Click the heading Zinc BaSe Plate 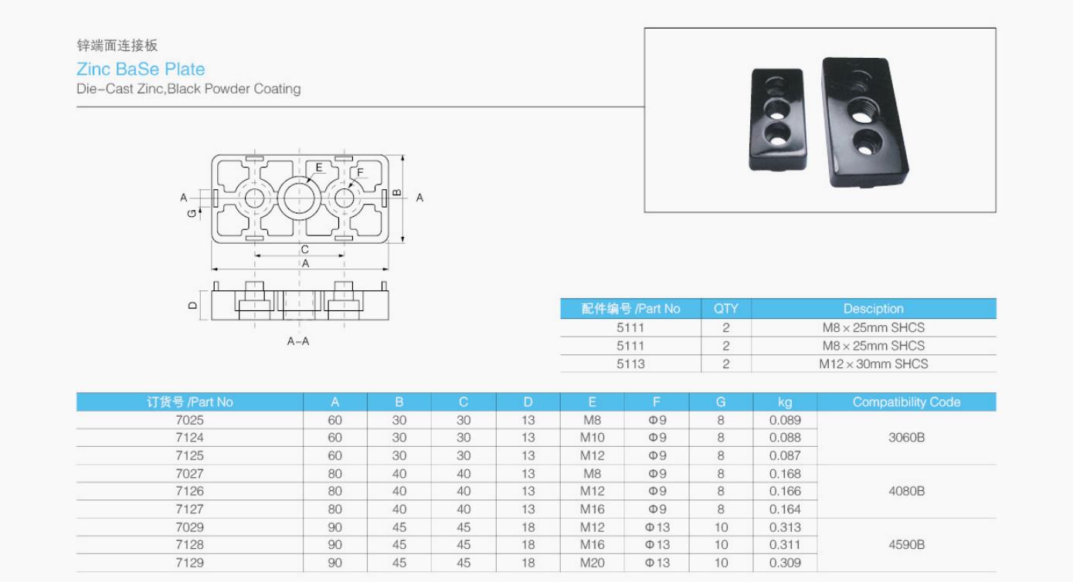[x=141, y=69]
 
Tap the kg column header [x=785, y=402]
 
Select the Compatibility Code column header [x=906, y=402]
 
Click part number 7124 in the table [x=190, y=438]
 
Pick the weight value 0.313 [x=785, y=527]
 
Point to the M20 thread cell [x=592, y=563]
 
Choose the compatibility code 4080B [x=906, y=491]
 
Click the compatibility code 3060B [x=906, y=438]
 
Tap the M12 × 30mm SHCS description [x=873, y=364]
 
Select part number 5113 [x=630, y=364]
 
